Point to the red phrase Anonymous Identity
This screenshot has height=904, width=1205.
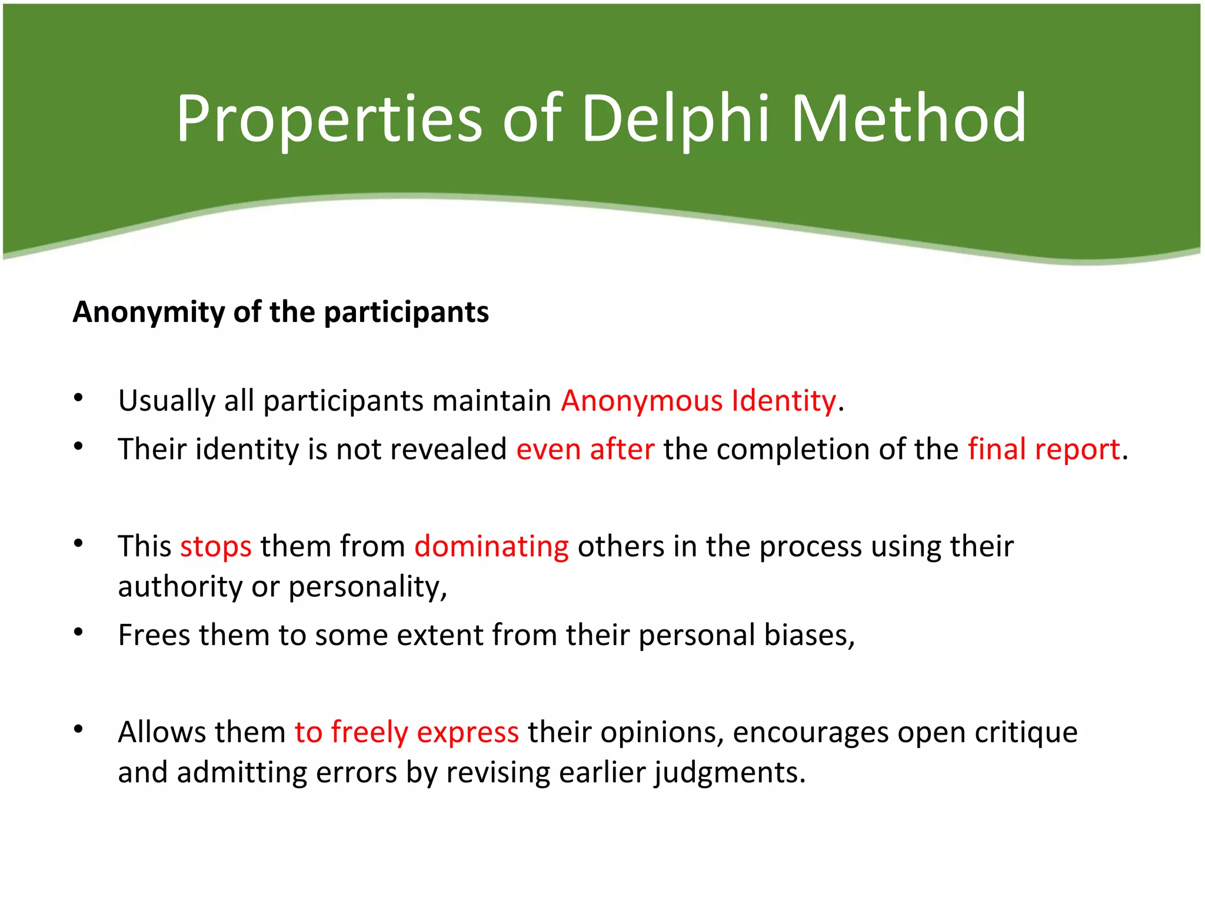[x=698, y=401]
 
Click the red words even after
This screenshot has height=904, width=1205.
[x=585, y=450]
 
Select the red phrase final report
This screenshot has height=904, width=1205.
[x=1044, y=450]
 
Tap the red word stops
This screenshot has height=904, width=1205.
[x=215, y=547]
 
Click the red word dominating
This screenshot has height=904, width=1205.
[x=491, y=547]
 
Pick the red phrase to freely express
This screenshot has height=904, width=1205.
[x=407, y=733]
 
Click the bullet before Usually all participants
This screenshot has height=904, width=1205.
[x=78, y=398]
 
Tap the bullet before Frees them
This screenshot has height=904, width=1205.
[x=78, y=633]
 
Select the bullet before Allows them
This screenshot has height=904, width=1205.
[x=78, y=730]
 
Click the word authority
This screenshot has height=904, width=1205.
[x=180, y=587]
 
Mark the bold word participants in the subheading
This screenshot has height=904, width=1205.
[x=406, y=312]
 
